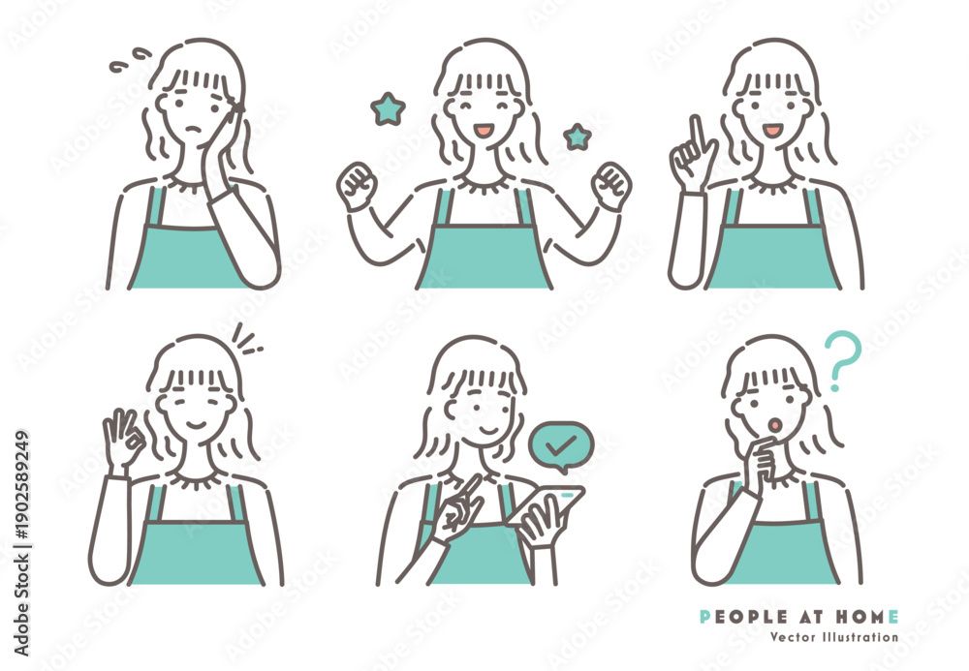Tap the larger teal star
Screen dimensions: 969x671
pyautogui.click(x=388, y=108)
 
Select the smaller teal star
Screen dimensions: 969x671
pyautogui.click(x=578, y=137)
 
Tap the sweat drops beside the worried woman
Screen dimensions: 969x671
pyautogui.click(x=131, y=62)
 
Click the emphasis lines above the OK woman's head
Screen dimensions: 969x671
pyautogui.click(x=246, y=340)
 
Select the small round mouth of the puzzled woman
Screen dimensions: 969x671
pyautogui.click(x=774, y=426)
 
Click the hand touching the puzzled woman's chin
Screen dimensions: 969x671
pyautogui.click(x=761, y=460)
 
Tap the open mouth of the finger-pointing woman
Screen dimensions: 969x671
pyautogui.click(x=770, y=131)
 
